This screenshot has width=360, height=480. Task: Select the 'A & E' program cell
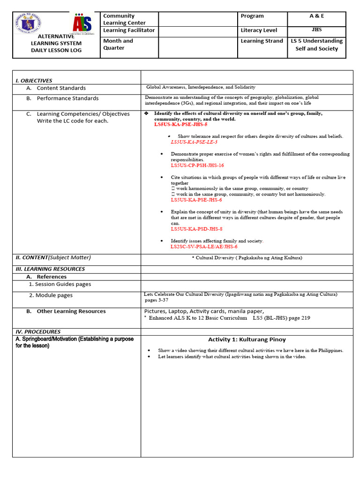pyautogui.click(x=316, y=16)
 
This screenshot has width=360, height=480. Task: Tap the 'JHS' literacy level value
pyautogui.click(x=316, y=30)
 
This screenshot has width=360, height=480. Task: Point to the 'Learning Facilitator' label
pyautogui.click(x=129, y=30)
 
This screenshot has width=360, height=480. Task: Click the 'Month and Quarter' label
pyautogui.click(x=118, y=44)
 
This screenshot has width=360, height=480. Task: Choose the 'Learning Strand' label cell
pyautogui.click(x=262, y=41)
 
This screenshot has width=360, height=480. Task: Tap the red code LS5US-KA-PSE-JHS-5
pyautogui.click(x=180, y=125)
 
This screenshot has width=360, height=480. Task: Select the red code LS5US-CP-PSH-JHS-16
pyautogui.click(x=197, y=165)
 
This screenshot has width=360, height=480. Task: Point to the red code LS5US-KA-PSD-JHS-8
pyautogui.click(x=196, y=229)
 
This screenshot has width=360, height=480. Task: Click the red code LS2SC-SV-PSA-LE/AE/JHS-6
pyautogui.click(x=204, y=247)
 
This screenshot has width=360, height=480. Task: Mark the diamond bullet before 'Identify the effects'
pyautogui.click(x=147, y=114)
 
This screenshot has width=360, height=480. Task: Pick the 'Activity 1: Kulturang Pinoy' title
pyautogui.click(x=247, y=339)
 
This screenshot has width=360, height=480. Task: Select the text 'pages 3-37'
pyautogui.click(x=157, y=300)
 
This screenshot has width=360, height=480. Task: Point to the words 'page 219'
pyautogui.click(x=299, y=318)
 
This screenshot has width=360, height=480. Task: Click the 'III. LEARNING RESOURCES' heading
pyautogui.click(x=50, y=269)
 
